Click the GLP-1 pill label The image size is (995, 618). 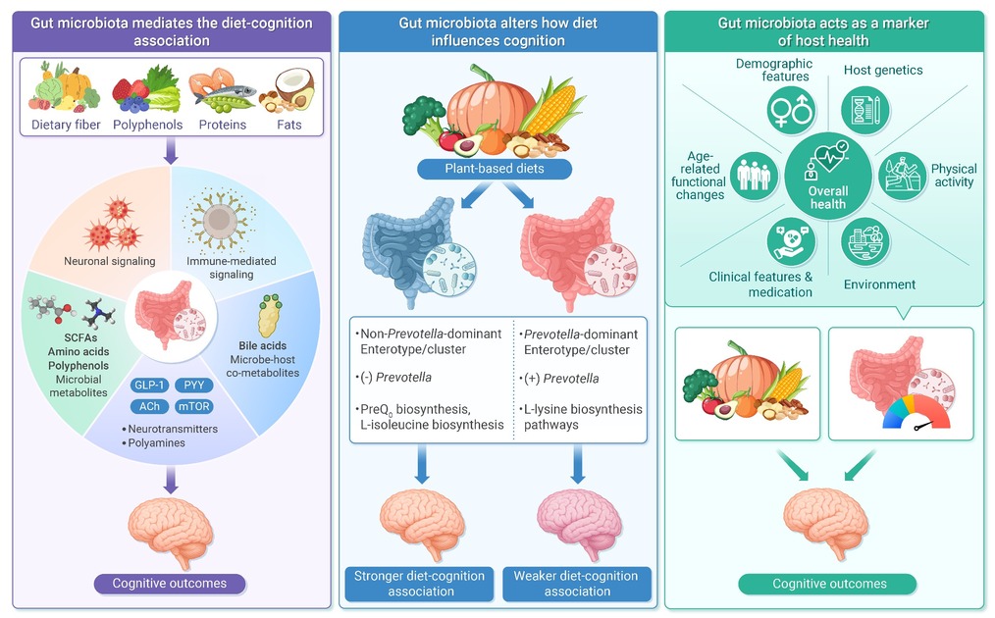(149, 386)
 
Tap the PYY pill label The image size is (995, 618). (193, 386)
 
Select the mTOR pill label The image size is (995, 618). (193, 406)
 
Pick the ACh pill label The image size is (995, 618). (149, 406)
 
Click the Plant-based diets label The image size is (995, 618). (495, 169)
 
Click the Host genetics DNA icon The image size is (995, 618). (865, 111)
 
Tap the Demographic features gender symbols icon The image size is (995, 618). (791, 111)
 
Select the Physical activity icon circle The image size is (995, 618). (903, 177)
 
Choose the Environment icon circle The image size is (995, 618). (865, 241)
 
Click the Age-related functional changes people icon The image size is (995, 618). (754, 177)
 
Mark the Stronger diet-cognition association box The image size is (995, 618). (419, 584)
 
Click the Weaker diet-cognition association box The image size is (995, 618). (577, 584)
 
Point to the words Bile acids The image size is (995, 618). (262, 346)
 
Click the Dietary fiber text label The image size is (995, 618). (66, 125)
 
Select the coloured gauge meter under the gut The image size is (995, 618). (916, 413)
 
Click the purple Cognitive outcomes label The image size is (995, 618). (170, 584)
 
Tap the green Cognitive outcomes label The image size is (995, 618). (829, 584)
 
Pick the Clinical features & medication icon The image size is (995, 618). (791, 241)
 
